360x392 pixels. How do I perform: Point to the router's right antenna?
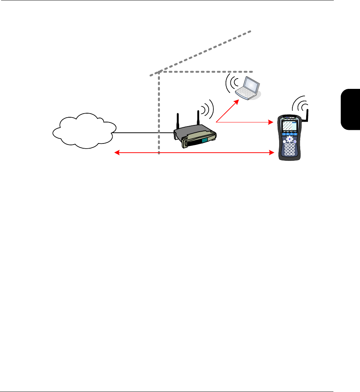click(x=198, y=118)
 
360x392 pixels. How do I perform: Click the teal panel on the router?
click(x=204, y=141)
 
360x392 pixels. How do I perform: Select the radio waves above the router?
click(x=208, y=107)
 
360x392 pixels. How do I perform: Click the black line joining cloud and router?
click(x=144, y=133)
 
